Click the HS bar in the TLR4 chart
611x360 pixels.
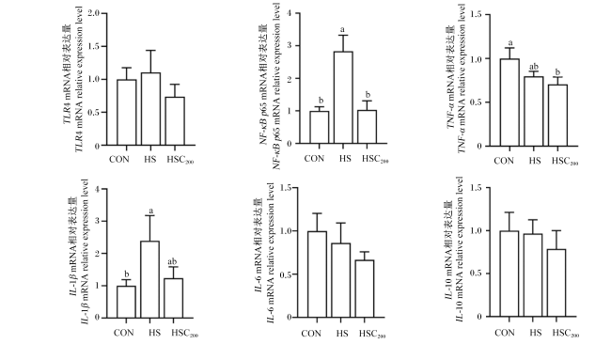click(150, 109)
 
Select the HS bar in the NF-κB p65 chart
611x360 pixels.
click(343, 98)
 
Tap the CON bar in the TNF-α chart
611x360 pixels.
click(509, 102)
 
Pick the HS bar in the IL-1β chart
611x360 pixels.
click(150, 279)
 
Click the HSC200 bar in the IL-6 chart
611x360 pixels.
click(365, 289)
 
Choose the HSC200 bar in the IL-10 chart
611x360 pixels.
click(556, 283)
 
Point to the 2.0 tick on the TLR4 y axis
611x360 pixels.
click(93, 13)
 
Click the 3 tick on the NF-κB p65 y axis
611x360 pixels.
click(289, 45)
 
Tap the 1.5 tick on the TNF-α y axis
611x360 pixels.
click(477, 14)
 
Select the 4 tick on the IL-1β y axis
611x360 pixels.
click(96, 189)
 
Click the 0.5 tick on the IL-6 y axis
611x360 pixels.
click(286, 274)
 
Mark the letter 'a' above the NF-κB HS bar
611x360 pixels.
click(342, 30)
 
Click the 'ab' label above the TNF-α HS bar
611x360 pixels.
click(534, 67)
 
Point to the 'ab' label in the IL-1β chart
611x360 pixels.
click(172, 261)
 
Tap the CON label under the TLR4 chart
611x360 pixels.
click(119, 159)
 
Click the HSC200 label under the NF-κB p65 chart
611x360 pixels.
click(375, 159)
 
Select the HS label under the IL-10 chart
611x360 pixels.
click(536, 333)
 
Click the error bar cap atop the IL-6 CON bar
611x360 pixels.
click(317, 213)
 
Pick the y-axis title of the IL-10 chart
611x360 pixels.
click(454, 249)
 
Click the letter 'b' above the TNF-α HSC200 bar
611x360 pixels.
click(557, 72)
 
